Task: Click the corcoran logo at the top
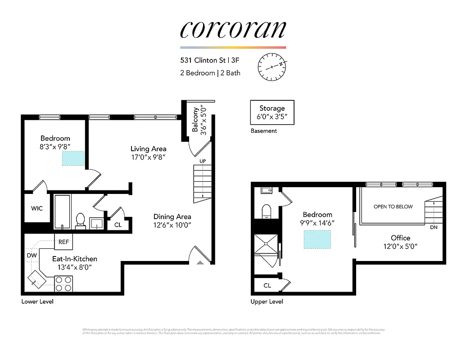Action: point(233,29)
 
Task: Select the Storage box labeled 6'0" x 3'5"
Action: point(272,112)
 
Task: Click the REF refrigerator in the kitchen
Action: point(63,242)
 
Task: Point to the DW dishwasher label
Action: point(32,255)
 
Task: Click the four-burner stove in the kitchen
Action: point(63,284)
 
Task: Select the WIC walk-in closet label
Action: point(37,208)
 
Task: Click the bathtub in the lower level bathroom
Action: point(62,211)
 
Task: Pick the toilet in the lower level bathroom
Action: point(81,220)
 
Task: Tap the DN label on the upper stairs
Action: point(433,227)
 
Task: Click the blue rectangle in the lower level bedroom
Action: point(73,158)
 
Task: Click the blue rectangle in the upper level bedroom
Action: point(317,239)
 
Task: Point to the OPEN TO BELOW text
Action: point(393,207)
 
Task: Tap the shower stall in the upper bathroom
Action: point(266,247)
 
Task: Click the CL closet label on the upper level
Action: point(267,285)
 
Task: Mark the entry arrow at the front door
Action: point(200,262)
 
